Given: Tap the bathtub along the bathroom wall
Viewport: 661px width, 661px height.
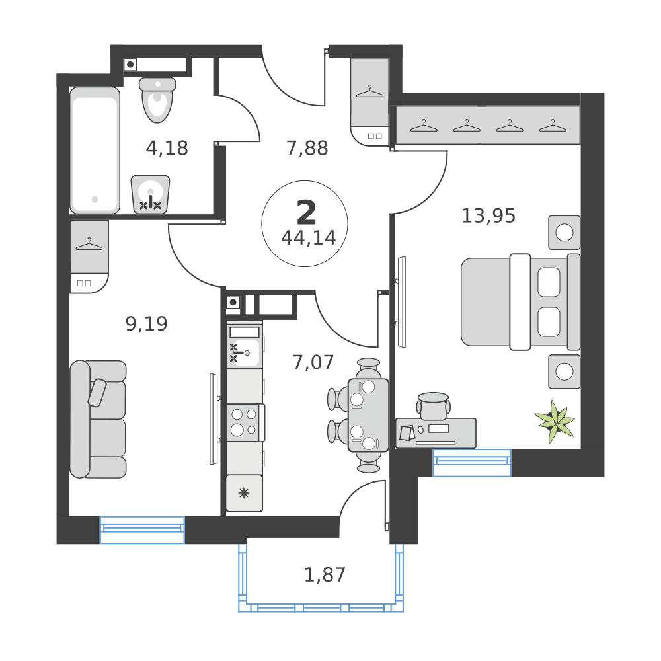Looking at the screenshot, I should (x=95, y=151).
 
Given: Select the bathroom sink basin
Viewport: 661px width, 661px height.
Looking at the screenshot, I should (x=150, y=194).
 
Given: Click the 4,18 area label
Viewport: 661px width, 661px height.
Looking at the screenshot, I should (x=167, y=148).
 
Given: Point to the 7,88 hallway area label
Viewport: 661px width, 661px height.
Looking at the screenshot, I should (x=307, y=148).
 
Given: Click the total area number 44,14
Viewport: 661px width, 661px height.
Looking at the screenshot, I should (x=308, y=238).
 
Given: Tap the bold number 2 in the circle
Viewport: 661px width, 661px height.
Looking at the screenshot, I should (x=307, y=213).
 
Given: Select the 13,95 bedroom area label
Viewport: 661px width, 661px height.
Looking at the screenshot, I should (x=488, y=215).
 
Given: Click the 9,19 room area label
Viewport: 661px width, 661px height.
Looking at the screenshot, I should (x=146, y=323).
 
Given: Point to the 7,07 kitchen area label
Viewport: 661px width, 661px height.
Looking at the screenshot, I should (x=313, y=362).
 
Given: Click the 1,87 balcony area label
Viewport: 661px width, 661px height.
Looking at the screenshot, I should (x=325, y=574).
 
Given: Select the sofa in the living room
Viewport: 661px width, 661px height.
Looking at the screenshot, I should (x=98, y=419).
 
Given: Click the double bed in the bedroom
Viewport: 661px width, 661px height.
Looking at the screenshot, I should (x=520, y=302).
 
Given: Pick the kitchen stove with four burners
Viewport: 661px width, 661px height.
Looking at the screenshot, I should (x=244, y=422).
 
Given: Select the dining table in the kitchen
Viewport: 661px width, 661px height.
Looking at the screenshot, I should (x=368, y=415).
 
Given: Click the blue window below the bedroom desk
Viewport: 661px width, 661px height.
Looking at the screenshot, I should (x=471, y=462).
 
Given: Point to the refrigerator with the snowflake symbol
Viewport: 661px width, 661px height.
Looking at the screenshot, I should (x=244, y=492).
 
